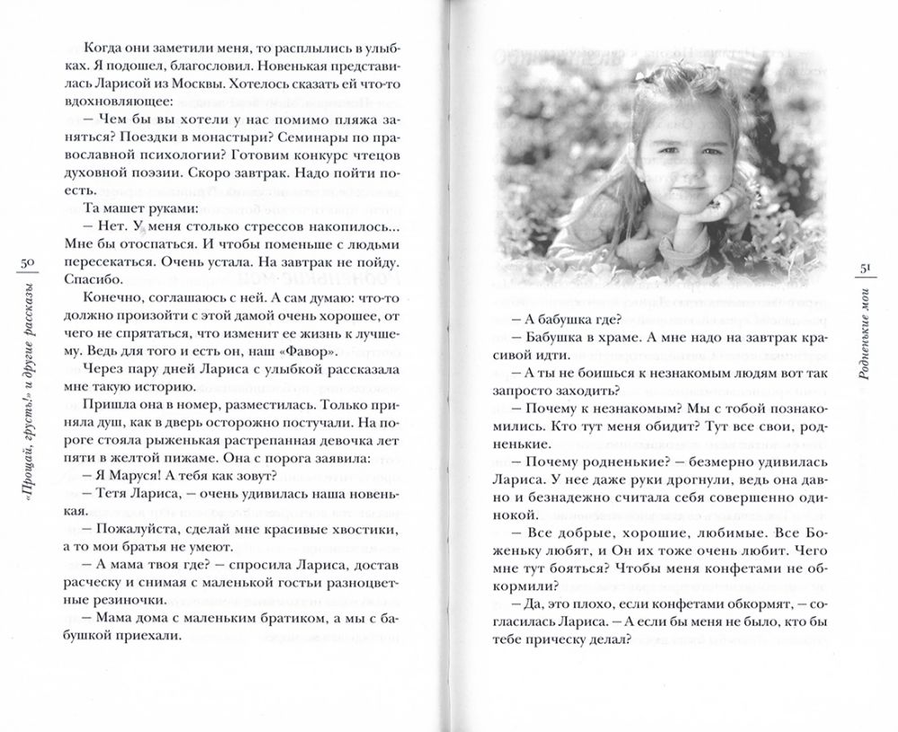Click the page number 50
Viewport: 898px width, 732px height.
(26, 261)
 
